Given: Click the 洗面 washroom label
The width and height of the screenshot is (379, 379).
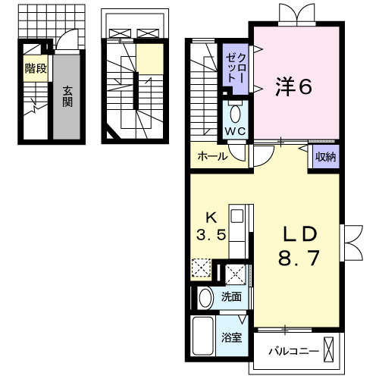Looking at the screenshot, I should tap(232, 296).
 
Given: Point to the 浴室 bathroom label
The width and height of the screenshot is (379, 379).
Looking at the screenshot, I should tap(232, 337).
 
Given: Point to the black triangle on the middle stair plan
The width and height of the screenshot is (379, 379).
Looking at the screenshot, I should tap(111, 134).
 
